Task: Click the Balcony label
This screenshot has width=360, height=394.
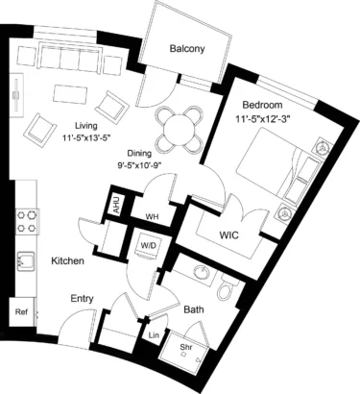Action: (x=187, y=48)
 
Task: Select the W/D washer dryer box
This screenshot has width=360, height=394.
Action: (x=149, y=246)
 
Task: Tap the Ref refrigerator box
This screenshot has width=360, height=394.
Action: (x=20, y=312)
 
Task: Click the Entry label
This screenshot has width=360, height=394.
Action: (x=82, y=299)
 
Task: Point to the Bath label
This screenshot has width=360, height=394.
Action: (x=192, y=310)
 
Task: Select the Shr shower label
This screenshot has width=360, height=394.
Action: (x=186, y=346)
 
